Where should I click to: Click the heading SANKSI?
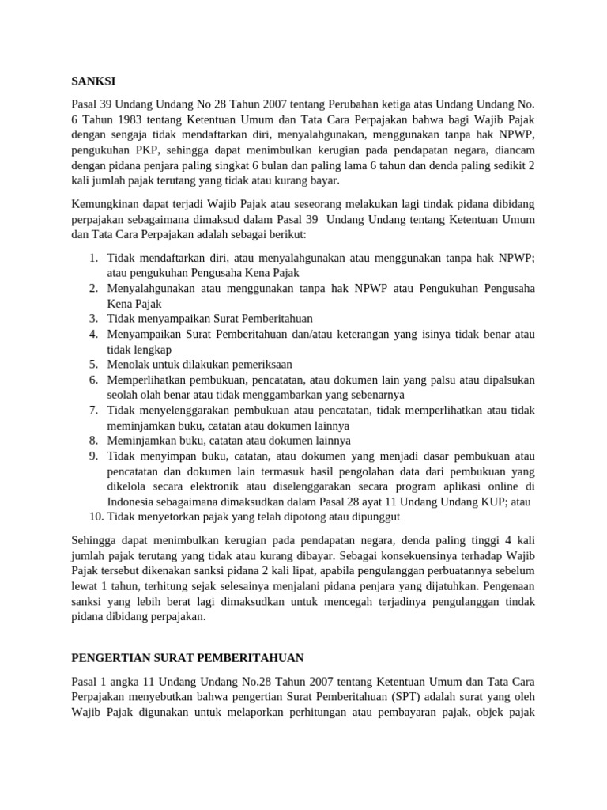point(93,80)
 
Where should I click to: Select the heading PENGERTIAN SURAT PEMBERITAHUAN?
point(188,657)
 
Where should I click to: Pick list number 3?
point(92,318)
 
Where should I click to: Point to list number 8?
point(92,441)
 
